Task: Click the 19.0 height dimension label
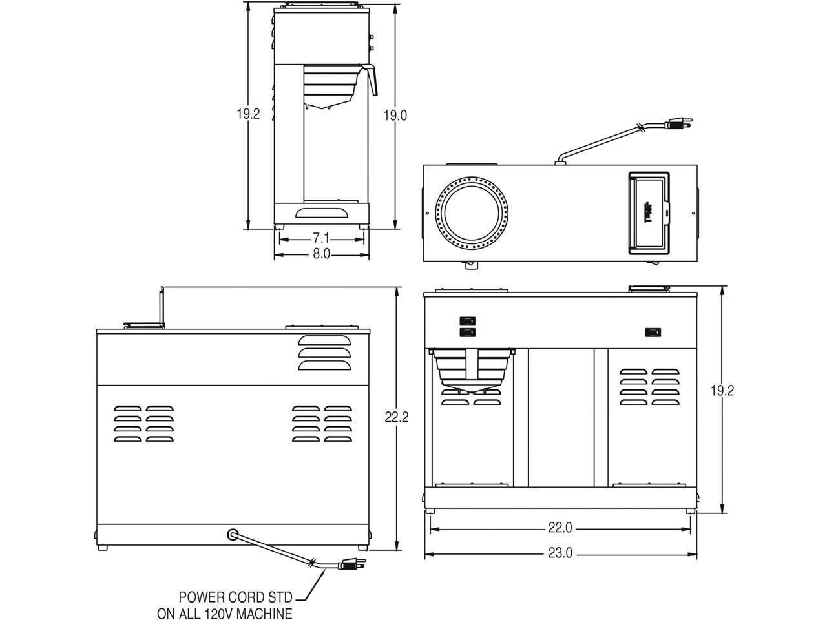pos(395,116)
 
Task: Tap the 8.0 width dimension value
pos(321,254)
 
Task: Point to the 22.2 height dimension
pos(395,417)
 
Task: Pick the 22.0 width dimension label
pos(560,528)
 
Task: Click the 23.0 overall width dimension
pos(560,554)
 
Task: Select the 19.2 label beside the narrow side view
pos(247,114)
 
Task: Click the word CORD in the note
pos(246,597)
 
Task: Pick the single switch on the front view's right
pos(653,333)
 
